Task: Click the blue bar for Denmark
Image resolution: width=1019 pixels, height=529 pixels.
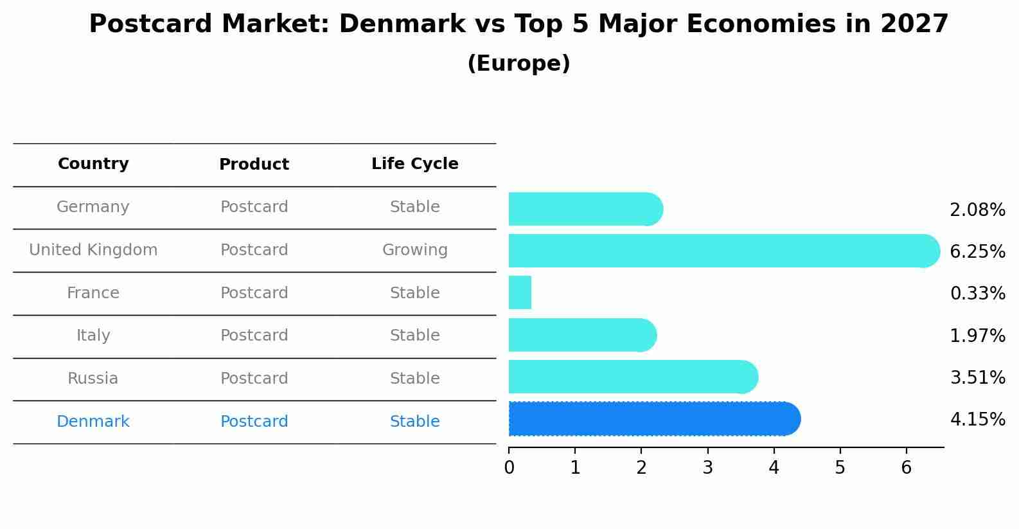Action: click(652, 419)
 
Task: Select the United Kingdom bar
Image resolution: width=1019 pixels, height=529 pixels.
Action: click(723, 251)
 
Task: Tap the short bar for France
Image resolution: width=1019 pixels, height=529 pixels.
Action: click(520, 292)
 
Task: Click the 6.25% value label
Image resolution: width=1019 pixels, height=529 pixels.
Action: click(977, 252)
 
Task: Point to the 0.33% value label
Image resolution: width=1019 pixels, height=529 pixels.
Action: click(977, 294)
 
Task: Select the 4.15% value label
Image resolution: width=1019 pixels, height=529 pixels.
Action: click(977, 420)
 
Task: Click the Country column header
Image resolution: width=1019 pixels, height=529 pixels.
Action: click(93, 164)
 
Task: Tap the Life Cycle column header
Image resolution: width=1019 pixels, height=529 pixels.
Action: click(414, 164)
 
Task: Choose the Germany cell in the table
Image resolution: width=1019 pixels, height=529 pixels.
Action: click(93, 207)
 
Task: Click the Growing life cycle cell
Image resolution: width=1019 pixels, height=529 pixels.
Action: click(414, 250)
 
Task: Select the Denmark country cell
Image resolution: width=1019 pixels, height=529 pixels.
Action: click(93, 422)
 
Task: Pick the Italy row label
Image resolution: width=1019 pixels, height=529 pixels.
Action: click(93, 336)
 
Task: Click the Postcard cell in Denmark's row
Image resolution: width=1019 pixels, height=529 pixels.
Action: click(254, 422)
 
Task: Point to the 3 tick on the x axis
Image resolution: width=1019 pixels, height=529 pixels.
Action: click(707, 468)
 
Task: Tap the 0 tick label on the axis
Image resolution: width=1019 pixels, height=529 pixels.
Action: click(509, 468)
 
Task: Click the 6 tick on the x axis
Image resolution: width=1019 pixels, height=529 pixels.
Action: click(906, 468)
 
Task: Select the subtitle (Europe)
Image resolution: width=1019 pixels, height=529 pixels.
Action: click(518, 64)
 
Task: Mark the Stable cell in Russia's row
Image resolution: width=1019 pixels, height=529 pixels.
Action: click(414, 379)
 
